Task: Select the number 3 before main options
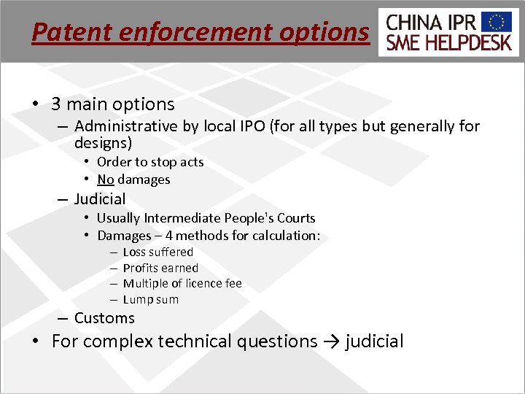(56, 104)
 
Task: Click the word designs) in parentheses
(103, 143)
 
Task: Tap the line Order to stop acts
(150, 162)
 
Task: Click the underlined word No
(105, 179)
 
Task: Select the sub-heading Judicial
(100, 198)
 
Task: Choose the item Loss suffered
(158, 252)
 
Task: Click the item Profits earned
(160, 268)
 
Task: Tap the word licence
(205, 283)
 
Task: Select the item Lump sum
(151, 299)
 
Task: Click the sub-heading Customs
(104, 317)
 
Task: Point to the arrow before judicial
(331, 341)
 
